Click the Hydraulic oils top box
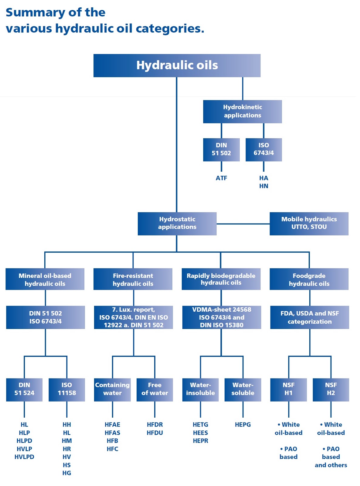pos(177,65)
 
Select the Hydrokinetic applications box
pos(242,111)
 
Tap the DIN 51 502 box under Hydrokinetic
pos(221,149)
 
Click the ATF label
pos(221,178)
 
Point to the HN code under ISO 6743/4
pos(263,186)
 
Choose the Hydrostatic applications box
pos(177,223)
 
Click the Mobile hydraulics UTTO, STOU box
pos(309,223)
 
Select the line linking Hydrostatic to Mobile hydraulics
pos(243,224)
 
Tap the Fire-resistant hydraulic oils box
pos(133,279)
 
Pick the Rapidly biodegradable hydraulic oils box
pos(221,279)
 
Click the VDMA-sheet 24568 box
pos(222,317)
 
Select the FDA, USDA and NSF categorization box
pos(310,317)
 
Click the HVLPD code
pos(24,457)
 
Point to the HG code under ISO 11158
pos(67,473)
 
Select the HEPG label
pos(243,425)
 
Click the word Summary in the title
pos(35,12)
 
